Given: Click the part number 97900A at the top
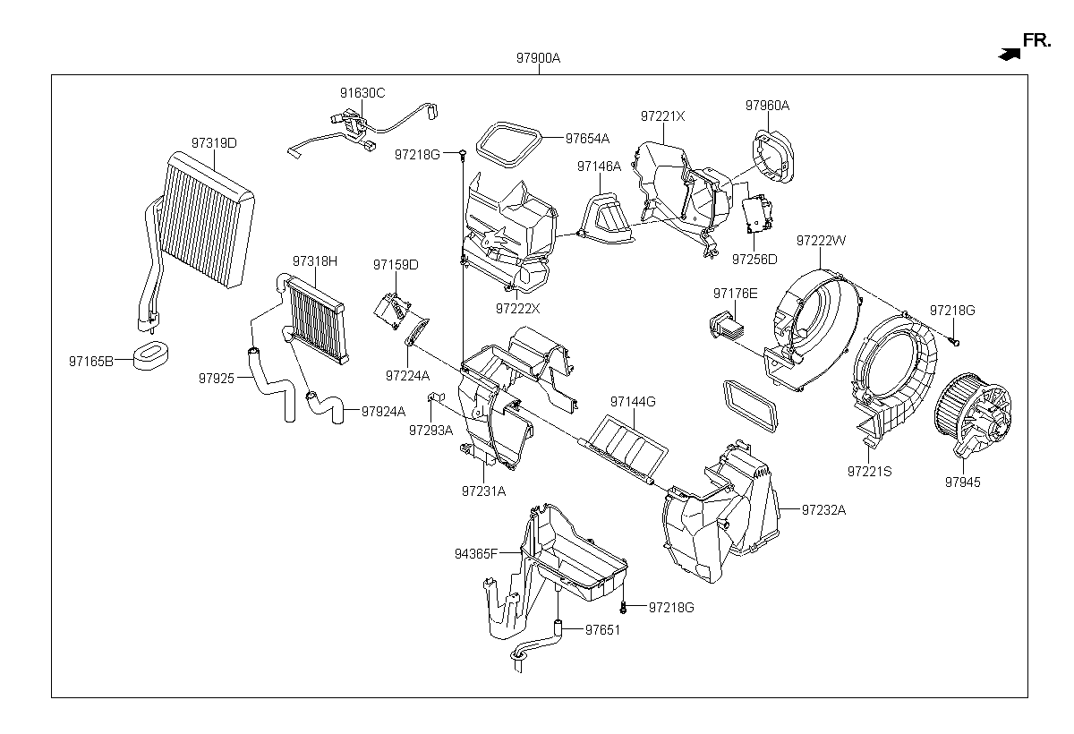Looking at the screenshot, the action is (538, 58).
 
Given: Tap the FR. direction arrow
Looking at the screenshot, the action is (1010, 55).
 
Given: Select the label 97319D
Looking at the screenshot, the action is (214, 143).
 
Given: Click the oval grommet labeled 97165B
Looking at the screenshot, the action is (151, 355).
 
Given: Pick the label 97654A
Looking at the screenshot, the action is (587, 139).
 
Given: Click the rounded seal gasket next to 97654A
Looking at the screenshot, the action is (508, 144).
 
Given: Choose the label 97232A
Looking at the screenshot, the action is (823, 510).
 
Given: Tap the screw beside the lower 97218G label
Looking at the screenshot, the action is (623, 608).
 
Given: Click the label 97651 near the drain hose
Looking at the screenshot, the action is (602, 630).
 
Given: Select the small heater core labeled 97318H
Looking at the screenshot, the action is (317, 320).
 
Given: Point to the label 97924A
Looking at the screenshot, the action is (383, 412).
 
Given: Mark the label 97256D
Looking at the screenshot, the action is (754, 260).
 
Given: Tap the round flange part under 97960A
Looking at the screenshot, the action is (773, 156).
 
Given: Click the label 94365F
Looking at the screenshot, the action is (476, 554).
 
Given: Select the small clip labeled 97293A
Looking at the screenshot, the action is (436, 397).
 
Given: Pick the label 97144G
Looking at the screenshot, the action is (633, 402).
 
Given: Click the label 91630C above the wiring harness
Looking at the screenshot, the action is (362, 93).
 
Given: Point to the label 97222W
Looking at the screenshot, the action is (821, 240).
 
